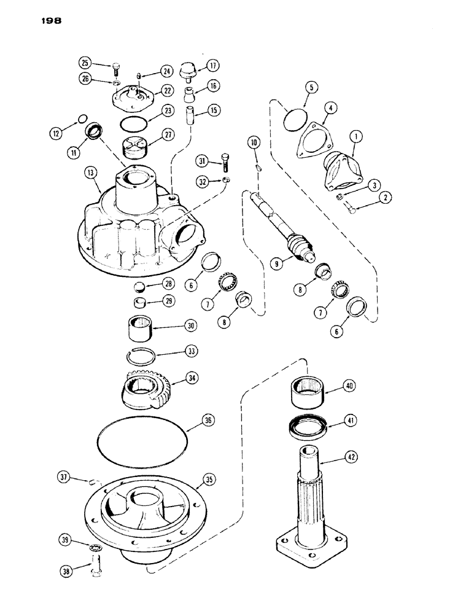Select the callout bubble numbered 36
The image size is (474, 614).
coord(209,421)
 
